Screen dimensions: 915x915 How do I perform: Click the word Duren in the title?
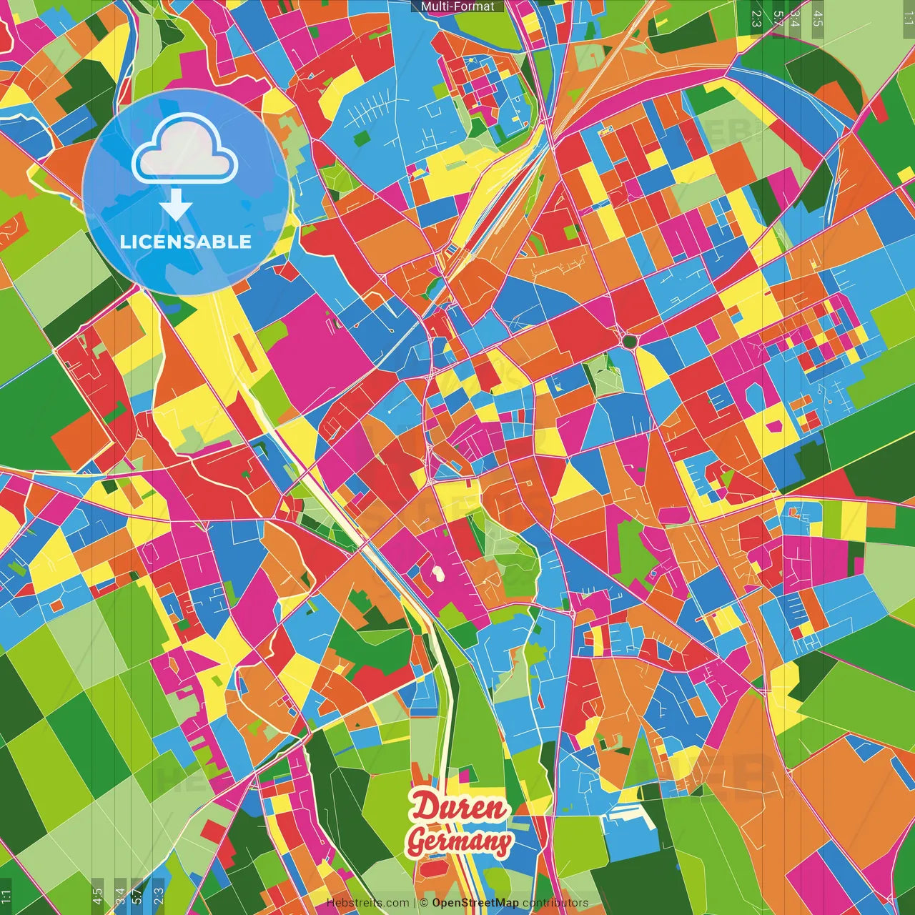point(458,808)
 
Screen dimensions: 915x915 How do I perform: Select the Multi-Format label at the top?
point(457,6)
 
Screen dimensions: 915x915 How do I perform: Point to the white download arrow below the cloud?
point(176,207)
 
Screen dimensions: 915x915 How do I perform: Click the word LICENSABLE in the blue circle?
point(185,242)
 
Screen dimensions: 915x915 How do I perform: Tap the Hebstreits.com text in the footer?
point(367,903)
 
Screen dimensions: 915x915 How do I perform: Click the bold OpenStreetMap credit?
point(475,903)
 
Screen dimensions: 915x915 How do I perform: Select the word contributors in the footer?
point(555,903)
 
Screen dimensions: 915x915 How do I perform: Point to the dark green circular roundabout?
point(629,342)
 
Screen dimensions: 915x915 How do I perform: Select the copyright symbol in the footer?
point(423,903)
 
